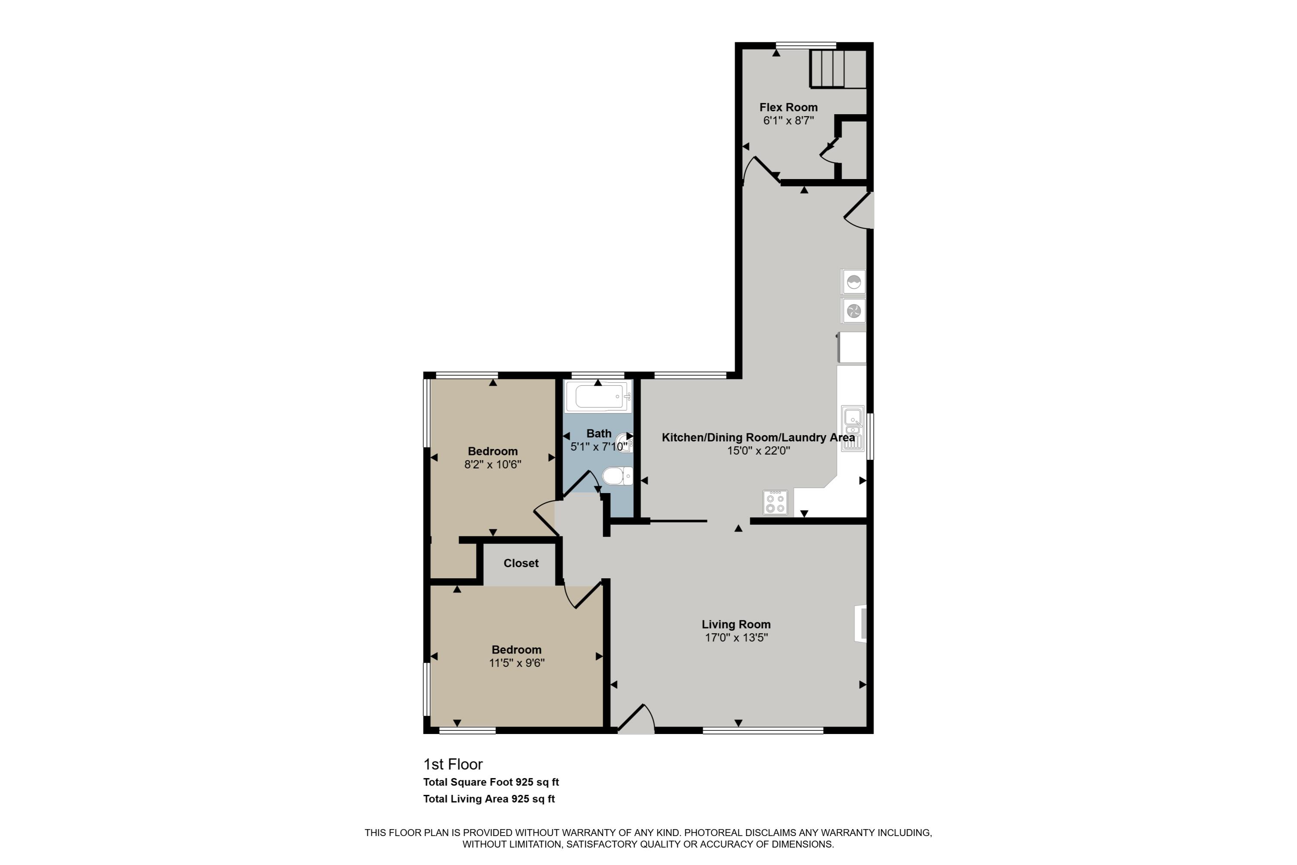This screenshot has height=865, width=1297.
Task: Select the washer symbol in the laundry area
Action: click(853, 282)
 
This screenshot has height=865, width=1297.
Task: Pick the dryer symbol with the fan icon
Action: click(853, 311)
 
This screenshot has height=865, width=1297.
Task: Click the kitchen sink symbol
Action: click(853, 429)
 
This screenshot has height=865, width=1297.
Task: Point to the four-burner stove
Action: click(775, 503)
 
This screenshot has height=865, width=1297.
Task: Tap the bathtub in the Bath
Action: click(598, 396)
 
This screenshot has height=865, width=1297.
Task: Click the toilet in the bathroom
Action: click(617, 475)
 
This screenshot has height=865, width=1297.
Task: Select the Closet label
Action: click(521, 563)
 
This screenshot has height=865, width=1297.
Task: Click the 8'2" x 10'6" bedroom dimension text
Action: click(492, 465)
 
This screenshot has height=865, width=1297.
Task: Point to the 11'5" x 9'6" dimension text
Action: click(517, 663)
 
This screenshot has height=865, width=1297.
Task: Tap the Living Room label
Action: click(736, 625)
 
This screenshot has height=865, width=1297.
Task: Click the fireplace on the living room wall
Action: click(860, 623)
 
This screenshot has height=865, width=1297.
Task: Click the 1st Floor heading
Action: click(453, 764)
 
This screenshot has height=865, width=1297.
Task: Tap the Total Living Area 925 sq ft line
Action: click(489, 799)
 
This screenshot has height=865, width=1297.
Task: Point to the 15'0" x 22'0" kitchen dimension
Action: click(758, 451)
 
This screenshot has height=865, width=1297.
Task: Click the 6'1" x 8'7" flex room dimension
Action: click(788, 121)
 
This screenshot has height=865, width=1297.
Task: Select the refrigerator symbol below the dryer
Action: click(853, 348)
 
